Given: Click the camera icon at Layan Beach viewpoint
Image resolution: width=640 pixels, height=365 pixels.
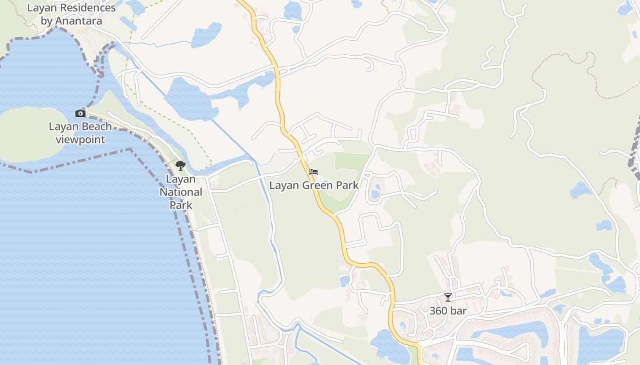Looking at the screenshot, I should point(80,113).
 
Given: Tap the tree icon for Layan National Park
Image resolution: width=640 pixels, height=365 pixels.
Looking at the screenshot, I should point(181,166).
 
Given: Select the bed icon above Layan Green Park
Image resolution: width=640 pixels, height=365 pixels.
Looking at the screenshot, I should point(314,172).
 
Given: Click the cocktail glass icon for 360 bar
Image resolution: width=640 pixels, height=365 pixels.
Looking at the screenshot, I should point(448,297).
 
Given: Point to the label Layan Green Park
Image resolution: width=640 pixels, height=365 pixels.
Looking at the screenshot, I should point(314,186).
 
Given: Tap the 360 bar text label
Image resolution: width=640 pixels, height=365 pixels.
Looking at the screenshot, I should point(448,311).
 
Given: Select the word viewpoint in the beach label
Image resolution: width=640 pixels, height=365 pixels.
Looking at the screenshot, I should point(80,140).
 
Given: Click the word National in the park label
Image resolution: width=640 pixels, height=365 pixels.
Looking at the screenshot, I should point(181,193).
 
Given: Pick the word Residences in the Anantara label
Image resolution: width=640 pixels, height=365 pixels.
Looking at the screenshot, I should point(86,8).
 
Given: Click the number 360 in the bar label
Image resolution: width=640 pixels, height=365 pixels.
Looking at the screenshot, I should point(438,311).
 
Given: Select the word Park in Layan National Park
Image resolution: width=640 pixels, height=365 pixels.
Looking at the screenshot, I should point(181,205).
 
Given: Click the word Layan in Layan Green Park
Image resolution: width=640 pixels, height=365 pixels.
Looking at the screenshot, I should point(283,186).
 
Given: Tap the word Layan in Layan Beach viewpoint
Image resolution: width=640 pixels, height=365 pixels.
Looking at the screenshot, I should point(63,127).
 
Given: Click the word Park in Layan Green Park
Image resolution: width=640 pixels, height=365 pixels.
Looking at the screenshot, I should point(348,186).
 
